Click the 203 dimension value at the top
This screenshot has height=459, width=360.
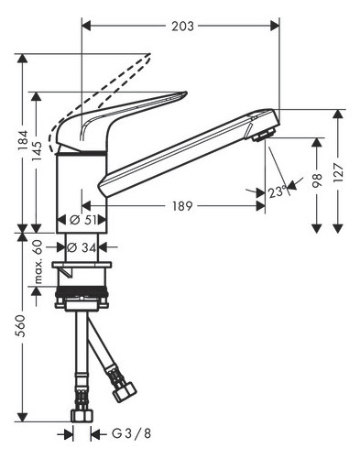point(182,27)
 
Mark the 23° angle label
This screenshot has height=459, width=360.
point(278,192)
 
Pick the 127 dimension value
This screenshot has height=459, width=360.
point(340,170)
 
